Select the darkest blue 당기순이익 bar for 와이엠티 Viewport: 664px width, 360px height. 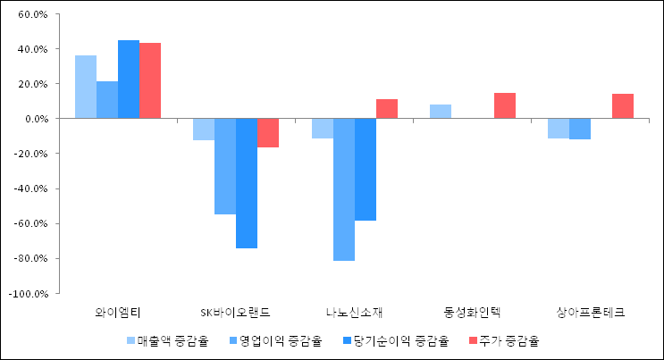tap(129, 80)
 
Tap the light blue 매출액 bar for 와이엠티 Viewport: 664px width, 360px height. tap(86, 87)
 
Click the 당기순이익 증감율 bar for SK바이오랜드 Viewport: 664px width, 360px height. tap(247, 183)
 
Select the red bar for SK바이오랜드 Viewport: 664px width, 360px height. tap(268, 133)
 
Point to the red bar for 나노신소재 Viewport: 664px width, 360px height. tap(387, 109)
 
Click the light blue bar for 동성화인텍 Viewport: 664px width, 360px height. tap(441, 112)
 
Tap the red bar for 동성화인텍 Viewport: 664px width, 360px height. tap(505, 106)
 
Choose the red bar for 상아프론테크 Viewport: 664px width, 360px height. tap(623, 106)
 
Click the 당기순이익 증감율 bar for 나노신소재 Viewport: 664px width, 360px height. tap(366, 170)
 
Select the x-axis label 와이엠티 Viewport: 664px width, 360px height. tap(118, 313)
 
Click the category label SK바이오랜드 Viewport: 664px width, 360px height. tap(236, 313)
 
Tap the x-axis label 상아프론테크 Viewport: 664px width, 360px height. tap(591, 313)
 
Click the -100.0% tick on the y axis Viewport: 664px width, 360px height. tap(29, 293)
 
